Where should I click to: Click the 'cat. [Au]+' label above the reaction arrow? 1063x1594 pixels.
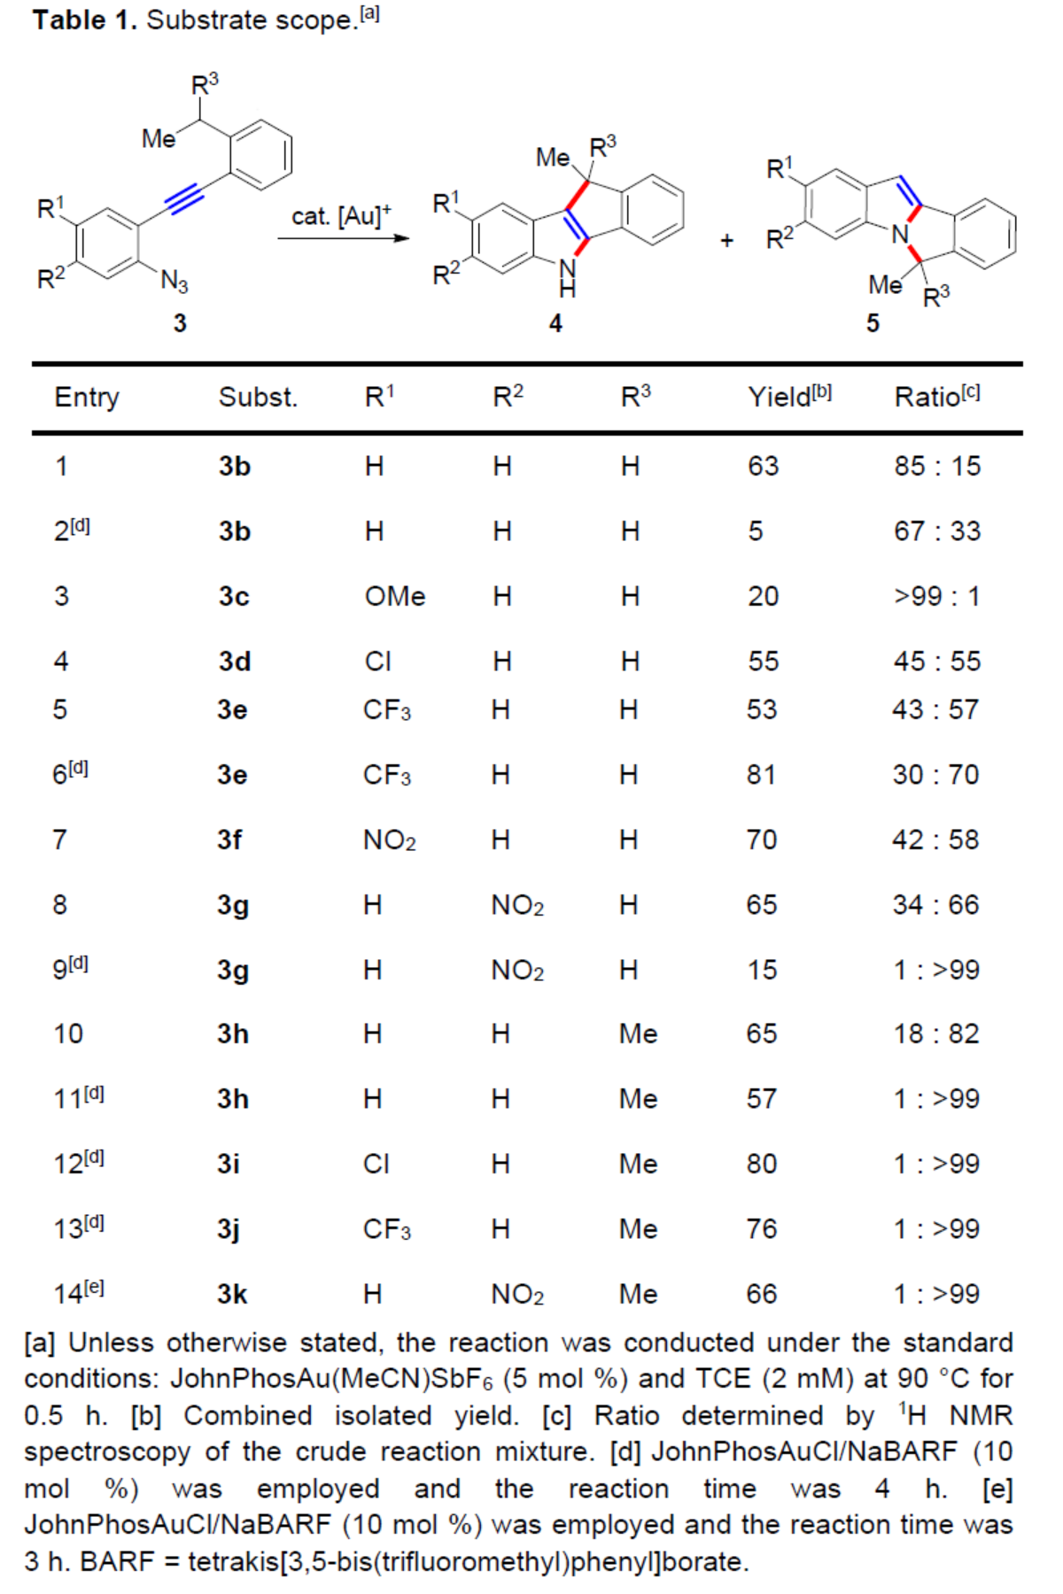[341, 216]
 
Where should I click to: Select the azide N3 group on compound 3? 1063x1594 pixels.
[174, 282]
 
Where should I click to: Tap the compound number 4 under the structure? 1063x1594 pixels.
[555, 323]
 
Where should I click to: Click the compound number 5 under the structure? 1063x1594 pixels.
[873, 323]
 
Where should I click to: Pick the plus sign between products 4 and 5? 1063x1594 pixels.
[726, 240]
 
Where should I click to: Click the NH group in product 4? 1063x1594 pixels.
[567, 276]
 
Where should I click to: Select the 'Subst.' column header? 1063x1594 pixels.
[258, 398]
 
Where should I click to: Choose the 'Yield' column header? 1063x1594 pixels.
[789, 397]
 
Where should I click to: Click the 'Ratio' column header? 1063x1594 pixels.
[936, 397]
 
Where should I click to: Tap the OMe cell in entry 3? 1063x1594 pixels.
[395, 596]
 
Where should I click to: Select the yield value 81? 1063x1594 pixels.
[761, 775]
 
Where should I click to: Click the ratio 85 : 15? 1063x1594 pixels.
[937, 467]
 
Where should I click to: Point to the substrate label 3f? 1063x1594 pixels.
[229, 840]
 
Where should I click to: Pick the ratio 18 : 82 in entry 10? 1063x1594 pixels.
[936, 1034]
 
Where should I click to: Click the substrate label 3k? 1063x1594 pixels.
[232, 1295]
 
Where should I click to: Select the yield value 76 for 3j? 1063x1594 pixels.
[761, 1229]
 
